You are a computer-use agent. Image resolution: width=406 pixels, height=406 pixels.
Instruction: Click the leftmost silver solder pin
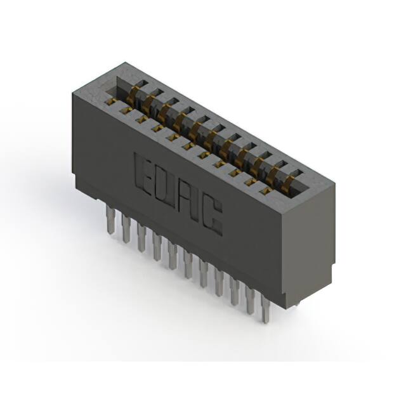click(110, 219)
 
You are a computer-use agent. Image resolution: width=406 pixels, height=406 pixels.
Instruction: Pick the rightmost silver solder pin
click(266, 310)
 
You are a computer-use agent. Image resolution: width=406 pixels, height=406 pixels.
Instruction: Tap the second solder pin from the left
click(126, 228)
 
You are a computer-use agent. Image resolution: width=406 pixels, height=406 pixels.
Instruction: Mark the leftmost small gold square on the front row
click(110, 101)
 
